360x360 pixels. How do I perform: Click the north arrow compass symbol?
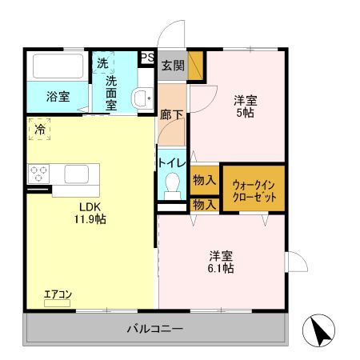tap(318, 330)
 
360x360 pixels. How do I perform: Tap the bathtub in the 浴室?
tap(58, 66)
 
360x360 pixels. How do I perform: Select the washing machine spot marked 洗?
tap(103, 62)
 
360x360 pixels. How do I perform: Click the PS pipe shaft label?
tap(147, 57)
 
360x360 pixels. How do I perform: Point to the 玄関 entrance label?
tap(173, 66)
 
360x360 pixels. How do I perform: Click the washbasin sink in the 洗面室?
tap(143, 98)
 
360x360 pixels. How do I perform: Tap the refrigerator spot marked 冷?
tap(39, 130)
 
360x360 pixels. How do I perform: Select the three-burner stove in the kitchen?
tap(38, 174)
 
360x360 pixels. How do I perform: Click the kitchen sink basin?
tap(77, 174)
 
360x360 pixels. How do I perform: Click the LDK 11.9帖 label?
tap(90, 213)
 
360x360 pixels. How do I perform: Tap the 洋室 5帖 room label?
tap(246, 106)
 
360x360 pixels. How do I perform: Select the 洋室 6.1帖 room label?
tap(221, 262)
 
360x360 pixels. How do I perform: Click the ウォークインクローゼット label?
tap(254, 190)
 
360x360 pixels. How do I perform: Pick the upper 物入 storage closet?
tap(205, 180)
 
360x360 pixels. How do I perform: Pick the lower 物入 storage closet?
tap(205, 205)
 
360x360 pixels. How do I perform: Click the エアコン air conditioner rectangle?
tap(57, 303)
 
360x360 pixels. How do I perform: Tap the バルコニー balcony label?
tap(155, 328)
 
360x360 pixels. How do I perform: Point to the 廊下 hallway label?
tap(172, 114)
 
